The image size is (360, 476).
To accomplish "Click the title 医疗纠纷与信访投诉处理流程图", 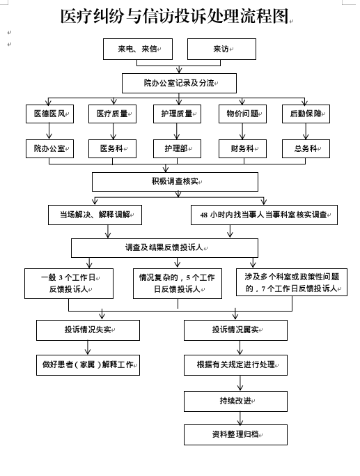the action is point(174,17).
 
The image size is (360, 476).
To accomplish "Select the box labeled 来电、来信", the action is point(138,49).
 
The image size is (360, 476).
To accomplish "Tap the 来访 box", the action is point(221,49).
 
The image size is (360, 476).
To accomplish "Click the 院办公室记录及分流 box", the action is point(179,83).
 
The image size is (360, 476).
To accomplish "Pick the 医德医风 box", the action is point(49,114).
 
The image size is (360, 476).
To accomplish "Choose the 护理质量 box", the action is point(177,114).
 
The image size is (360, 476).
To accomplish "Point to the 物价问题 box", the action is point(242,114).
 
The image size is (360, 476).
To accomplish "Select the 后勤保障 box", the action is point(306,114).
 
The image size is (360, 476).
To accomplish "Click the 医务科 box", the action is point(112,148).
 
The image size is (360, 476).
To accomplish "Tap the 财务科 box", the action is point(242,148).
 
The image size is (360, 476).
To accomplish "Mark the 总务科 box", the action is point(306,148).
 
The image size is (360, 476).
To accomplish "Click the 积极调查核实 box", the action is point(175,182).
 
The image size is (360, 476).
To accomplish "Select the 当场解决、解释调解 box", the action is point(95,215).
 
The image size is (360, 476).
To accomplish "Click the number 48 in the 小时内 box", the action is point(204,215).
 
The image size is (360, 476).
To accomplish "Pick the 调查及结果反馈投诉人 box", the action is point(165,248).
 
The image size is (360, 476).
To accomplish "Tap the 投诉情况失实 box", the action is point(88,330).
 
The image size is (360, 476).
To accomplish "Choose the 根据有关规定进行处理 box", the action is point(235,365).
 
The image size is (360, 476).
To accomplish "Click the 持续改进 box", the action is point(235,401).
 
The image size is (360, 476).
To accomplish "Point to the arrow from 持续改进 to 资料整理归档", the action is point(240,418).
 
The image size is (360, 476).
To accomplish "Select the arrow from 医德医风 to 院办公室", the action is point(49,131).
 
